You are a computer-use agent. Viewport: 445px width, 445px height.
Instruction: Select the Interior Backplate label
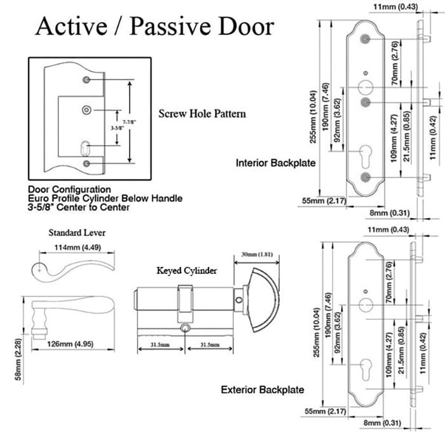tap(276, 163)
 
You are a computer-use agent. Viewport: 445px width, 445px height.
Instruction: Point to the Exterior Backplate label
tap(263, 389)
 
